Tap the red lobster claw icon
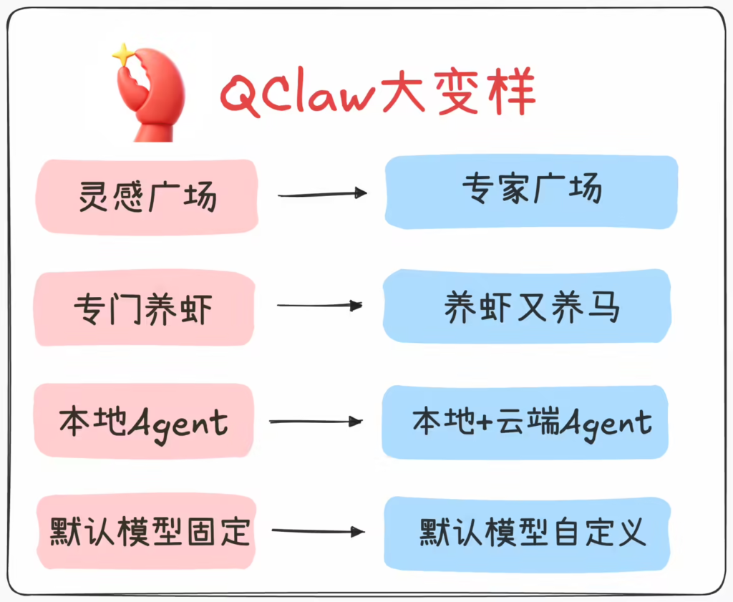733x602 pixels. (149, 97)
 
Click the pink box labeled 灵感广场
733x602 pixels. (147, 195)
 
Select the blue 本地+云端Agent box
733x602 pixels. (526, 422)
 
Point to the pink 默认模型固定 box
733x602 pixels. (147, 532)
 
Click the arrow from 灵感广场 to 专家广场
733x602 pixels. (322, 193)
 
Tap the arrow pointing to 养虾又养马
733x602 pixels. (319, 306)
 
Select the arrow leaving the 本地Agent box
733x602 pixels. (316, 422)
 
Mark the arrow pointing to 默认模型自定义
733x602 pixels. (319, 531)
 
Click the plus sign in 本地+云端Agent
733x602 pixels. (484, 422)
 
